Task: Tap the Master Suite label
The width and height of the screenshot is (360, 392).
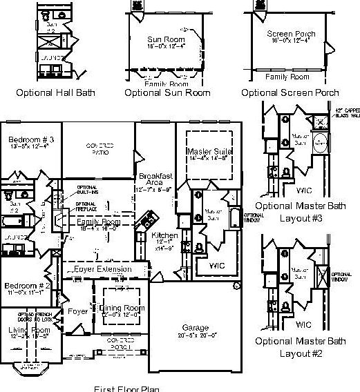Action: pyautogui.click(x=209, y=151)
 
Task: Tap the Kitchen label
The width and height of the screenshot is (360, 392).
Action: pyautogui.click(x=164, y=235)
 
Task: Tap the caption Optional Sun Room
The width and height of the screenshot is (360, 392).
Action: pyautogui.click(x=161, y=92)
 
